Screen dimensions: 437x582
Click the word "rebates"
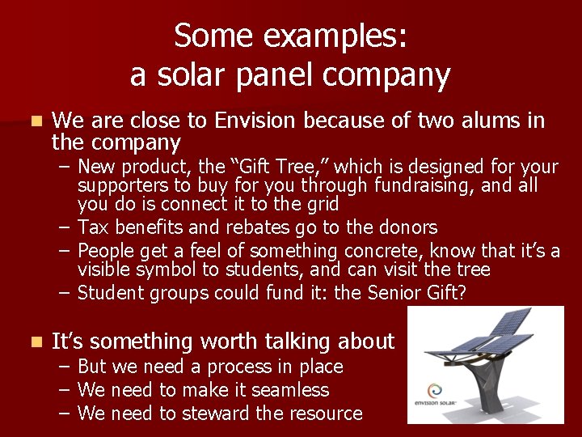coord(259,228)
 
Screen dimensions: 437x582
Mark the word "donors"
coord(407,228)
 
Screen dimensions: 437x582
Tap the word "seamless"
coord(290,390)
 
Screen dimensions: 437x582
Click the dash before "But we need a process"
coord(65,367)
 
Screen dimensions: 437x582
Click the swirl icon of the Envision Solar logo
coord(435,388)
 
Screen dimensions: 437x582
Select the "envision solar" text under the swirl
coord(435,405)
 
